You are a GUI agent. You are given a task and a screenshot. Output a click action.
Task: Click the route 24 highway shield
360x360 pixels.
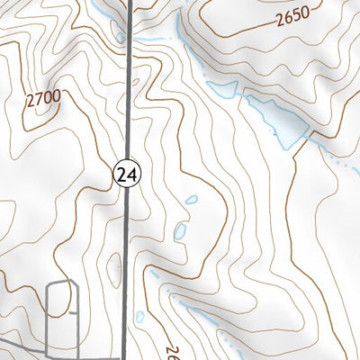(124, 175)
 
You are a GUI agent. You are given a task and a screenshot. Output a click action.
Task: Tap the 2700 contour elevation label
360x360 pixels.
(43, 101)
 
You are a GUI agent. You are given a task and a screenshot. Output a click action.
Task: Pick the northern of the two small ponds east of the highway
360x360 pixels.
(190, 200)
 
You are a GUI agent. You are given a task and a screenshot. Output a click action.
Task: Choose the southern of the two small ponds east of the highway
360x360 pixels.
(180, 232)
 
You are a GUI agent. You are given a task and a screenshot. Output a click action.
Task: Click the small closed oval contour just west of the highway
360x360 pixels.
(114, 265)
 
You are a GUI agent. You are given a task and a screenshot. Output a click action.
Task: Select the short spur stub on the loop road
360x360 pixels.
(73, 314)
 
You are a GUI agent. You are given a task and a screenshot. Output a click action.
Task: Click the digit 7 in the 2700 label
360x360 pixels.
(39, 102)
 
